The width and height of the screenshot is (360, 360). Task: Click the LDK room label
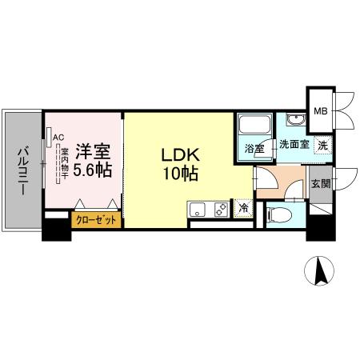(x=180, y=154)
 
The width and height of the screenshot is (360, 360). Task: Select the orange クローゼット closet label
(x=96, y=219)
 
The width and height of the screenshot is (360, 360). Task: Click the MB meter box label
(x=320, y=112)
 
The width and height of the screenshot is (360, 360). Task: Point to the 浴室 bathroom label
(x=254, y=148)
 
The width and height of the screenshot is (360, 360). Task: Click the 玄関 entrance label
(x=320, y=183)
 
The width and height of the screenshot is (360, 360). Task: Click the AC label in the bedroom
(x=58, y=137)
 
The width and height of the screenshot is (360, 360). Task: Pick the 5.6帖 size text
(x=92, y=170)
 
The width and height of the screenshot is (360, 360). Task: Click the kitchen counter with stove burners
(x=210, y=210)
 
